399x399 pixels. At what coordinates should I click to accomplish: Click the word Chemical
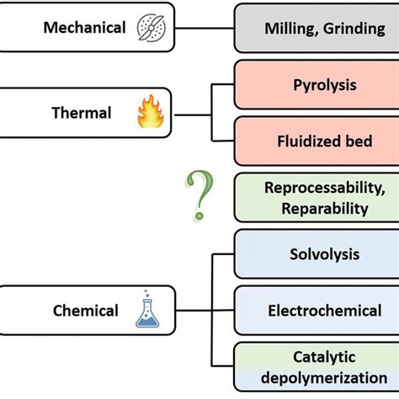pos(86,311)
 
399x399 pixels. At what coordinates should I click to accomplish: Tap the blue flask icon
pos(148,311)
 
